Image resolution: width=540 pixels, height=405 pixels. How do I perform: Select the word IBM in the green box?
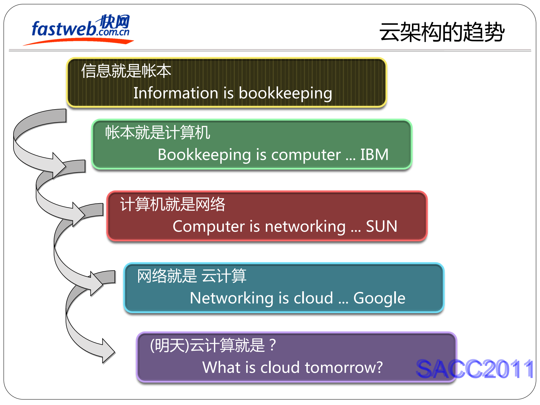tap(374, 155)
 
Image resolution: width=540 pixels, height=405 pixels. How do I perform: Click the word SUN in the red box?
tap(382, 226)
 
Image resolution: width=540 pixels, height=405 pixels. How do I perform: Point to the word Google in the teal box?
tap(379, 298)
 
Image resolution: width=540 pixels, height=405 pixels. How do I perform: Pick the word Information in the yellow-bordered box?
tap(176, 93)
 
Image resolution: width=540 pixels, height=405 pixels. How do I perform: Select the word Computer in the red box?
tap(209, 226)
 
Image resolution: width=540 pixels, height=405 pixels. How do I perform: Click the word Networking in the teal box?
tap(232, 298)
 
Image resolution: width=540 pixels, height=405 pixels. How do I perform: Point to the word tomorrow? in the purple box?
tap(344, 367)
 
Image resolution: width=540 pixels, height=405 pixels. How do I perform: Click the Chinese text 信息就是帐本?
tap(126, 71)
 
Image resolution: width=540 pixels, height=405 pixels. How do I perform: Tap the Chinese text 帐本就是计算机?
tap(158, 132)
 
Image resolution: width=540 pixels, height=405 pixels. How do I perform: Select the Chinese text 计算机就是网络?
tap(172, 204)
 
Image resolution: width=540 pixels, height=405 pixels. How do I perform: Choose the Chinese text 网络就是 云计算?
tap(192, 276)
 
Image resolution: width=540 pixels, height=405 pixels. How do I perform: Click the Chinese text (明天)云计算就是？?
tap(213, 345)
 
